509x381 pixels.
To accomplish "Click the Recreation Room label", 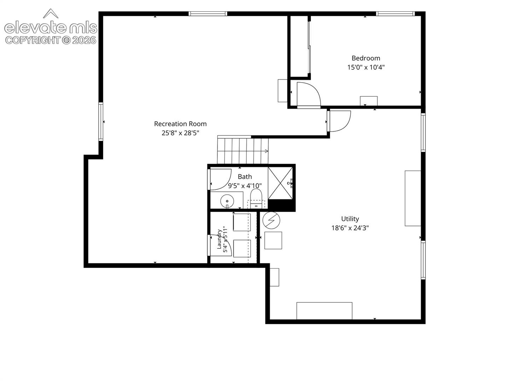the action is [180, 124].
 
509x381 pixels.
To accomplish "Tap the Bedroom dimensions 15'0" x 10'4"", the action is [366, 67].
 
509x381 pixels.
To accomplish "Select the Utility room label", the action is [350, 219].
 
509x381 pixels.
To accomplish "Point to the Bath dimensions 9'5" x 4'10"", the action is [245, 186].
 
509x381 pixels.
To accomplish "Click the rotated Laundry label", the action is [219, 239].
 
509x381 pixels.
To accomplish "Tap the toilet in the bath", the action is [256, 198].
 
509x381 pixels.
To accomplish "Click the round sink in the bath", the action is [227, 201].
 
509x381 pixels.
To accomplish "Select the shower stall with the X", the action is [280, 183].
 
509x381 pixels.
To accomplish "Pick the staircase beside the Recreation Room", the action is [242, 151].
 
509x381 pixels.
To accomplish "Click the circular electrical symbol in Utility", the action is [271, 220].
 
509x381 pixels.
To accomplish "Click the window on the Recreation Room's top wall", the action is [207, 14].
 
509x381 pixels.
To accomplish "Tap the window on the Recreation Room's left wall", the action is [101, 122].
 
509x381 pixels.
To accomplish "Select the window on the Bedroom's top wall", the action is [395, 14].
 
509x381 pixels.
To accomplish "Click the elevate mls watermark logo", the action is [51, 27].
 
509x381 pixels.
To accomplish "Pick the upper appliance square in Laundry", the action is [242, 222].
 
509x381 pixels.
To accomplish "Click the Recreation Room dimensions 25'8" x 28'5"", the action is [180, 133].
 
